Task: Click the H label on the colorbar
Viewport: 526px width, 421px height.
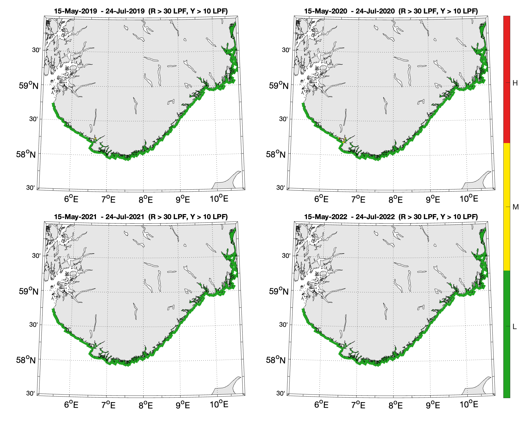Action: pyautogui.click(x=515, y=83)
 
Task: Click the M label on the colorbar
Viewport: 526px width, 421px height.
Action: pyautogui.click(x=515, y=207)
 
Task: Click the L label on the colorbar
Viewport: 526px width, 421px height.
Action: pyautogui.click(x=514, y=327)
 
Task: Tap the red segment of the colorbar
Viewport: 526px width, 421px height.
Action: pyautogui.click(x=506, y=79)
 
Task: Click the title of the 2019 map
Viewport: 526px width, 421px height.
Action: pyautogui.click(x=141, y=11)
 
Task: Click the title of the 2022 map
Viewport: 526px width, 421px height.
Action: pyautogui.click(x=391, y=217)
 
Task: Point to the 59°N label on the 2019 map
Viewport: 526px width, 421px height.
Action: pyautogui.click(x=29, y=86)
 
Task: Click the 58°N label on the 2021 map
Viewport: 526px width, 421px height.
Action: pyautogui.click(x=26, y=360)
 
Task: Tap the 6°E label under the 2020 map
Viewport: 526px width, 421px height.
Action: pyautogui.click(x=321, y=199)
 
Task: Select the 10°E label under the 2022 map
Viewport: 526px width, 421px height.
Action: pyautogui.click(x=469, y=404)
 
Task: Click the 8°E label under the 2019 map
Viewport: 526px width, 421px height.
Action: pyautogui.click(x=146, y=200)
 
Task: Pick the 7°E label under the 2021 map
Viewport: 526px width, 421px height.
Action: pyautogui.click(x=108, y=405)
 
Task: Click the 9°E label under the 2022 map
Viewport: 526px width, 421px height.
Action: pyautogui.click(x=433, y=405)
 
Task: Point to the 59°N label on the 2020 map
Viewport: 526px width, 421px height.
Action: pyautogui.click(x=279, y=86)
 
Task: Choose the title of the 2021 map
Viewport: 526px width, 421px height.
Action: pyautogui.click(x=141, y=217)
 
